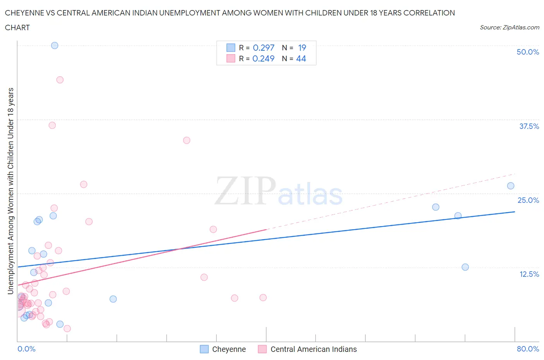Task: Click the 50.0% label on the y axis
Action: [527, 52]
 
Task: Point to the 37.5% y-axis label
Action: [529, 126]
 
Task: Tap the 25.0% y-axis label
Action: [528, 200]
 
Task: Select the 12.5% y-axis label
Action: [529, 274]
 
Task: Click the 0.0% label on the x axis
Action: [26, 349]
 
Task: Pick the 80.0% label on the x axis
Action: [527, 349]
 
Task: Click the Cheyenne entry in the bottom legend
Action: [229, 349]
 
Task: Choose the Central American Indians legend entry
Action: [313, 349]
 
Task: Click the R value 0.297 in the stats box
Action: [263, 48]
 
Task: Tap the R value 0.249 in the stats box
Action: [263, 58]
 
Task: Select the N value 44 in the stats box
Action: [301, 58]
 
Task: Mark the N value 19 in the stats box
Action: [302, 48]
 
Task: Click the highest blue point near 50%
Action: [55, 45]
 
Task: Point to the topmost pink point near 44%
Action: [60, 80]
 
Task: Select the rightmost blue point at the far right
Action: [511, 186]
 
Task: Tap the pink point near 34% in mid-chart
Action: [186, 140]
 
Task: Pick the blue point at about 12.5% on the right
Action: [465, 267]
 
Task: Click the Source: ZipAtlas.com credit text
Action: [509, 27]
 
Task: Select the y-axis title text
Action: [11, 191]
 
